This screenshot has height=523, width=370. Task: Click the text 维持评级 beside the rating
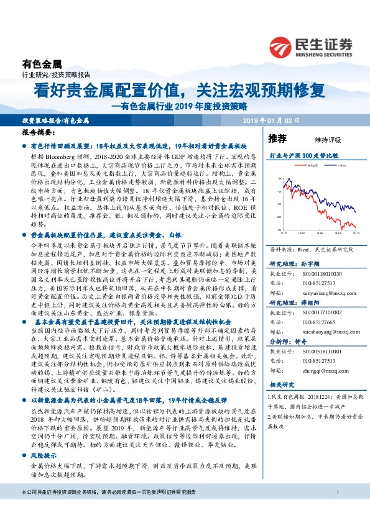point(318,140)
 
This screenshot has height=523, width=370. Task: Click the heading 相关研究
point(279,385)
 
